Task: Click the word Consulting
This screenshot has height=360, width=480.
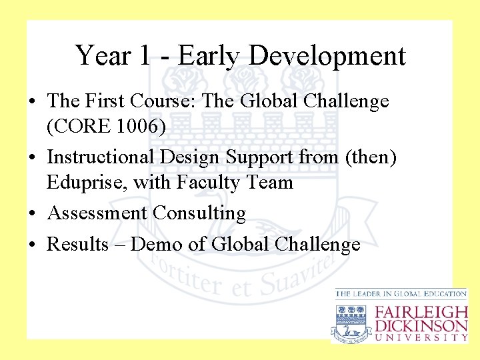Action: tap(199, 213)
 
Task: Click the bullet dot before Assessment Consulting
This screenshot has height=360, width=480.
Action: tap(33, 214)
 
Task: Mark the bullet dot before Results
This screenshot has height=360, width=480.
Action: tap(33, 245)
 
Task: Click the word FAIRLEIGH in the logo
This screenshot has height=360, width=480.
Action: tap(421, 312)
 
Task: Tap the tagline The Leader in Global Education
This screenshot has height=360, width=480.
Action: tap(401, 293)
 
